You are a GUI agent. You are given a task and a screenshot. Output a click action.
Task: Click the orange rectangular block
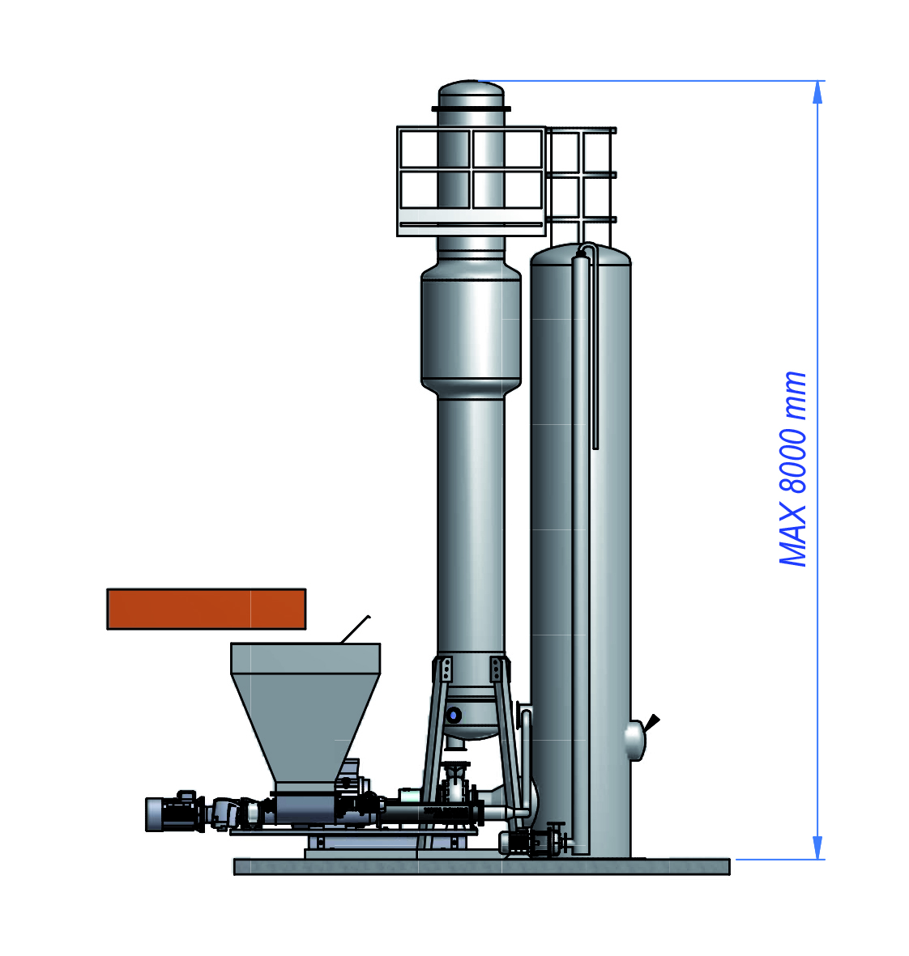coord(207,609)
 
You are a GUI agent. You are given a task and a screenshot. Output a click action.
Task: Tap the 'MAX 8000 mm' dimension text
coord(793,469)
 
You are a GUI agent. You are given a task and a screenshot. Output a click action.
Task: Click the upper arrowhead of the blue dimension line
coord(818,92)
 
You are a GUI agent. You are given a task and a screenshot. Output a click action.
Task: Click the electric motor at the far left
coord(174,813)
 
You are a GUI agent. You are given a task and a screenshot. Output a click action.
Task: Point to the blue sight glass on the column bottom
coord(453,714)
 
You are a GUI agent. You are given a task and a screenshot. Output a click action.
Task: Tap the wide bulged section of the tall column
coord(471,329)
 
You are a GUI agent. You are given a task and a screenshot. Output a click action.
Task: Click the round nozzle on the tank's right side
coord(635,741)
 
